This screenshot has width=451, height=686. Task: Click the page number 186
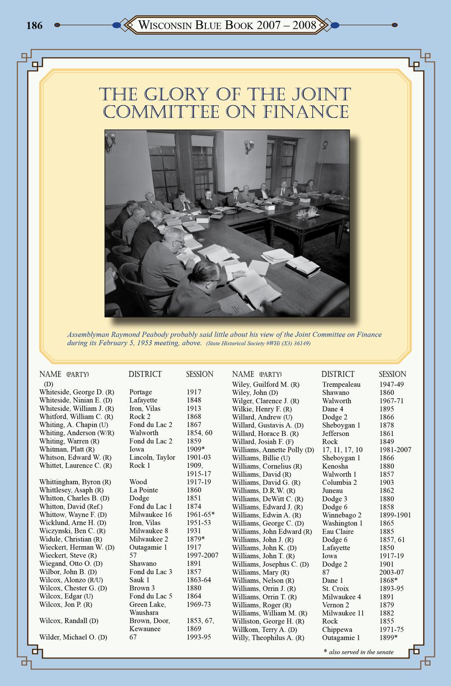click(x=34, y=25)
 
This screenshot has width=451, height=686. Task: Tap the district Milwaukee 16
click(x=150, y=514)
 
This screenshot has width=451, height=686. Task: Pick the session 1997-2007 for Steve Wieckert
click(x=202, y=555)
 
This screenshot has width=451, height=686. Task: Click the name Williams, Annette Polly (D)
click(x=273, y=450)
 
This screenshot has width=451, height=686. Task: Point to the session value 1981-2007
click(x=398, y=450)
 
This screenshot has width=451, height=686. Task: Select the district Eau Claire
click(x=338, y=531)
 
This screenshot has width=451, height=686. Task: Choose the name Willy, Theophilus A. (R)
click(x=268, y=637)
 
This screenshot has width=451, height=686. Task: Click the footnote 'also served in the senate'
click(x=361, y=652)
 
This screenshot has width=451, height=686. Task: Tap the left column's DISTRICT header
click(x=145, y=374)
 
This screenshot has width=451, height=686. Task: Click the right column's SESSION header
click(x=392, y=374)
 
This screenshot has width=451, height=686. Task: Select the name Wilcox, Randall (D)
click(x=69, y=621)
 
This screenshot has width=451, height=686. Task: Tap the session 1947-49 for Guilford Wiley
click(x=391, y=384)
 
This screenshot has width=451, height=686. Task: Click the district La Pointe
click(x=143, y=490)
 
